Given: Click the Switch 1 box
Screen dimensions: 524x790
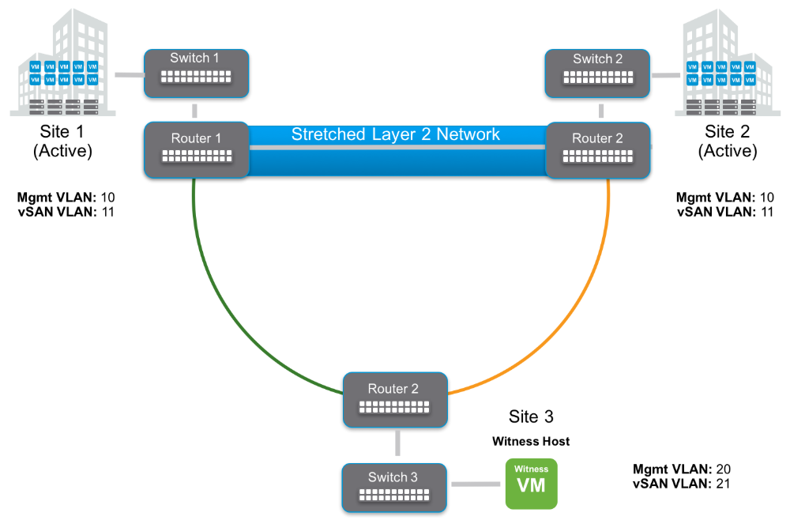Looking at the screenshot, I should click(x=196, y=72).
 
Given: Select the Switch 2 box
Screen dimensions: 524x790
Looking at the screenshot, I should click(x=598, y=72).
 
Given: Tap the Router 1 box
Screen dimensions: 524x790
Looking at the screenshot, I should click(x=196, y=149).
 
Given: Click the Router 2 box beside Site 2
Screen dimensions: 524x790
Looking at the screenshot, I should click(x=598, y=149).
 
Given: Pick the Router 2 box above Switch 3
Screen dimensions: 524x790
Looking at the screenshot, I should click(x=394, y=399).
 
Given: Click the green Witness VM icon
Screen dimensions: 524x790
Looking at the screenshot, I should click(x=531, y=483).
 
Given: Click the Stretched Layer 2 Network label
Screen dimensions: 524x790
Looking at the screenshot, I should click(x=395, y=134).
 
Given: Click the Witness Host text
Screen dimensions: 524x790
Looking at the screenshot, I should click(x=531, y=441).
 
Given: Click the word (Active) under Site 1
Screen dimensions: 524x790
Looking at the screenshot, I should click(x=62, y=151).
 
